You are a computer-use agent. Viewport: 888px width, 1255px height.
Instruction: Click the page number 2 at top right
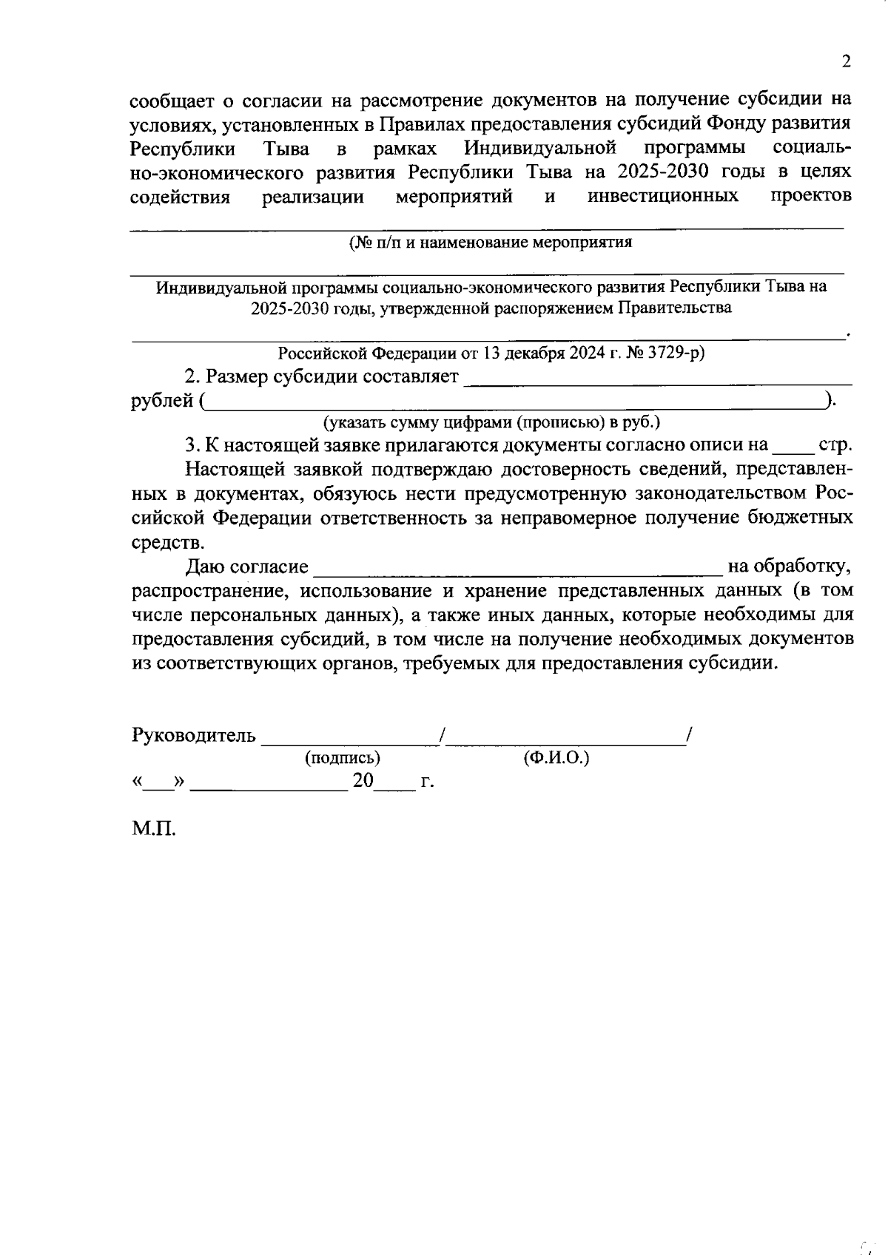pos(846,61)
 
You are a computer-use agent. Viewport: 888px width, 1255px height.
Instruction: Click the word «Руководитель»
pos(194,736)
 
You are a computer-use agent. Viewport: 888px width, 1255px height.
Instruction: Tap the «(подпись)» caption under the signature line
pos(343,757)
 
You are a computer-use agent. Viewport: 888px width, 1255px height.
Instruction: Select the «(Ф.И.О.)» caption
pos(556,757)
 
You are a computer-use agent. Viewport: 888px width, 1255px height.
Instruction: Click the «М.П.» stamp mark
pos(154,828)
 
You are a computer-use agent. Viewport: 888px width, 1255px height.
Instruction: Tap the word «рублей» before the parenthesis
pos(162,401)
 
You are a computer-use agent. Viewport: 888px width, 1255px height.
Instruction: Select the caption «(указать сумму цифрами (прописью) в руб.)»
pos(491,422)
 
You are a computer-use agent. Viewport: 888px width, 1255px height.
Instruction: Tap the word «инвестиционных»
pos(663,196)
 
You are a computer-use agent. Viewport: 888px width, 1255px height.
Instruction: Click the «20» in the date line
pos(363,780)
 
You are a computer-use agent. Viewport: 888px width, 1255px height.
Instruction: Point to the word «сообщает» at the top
pos(171,100)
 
